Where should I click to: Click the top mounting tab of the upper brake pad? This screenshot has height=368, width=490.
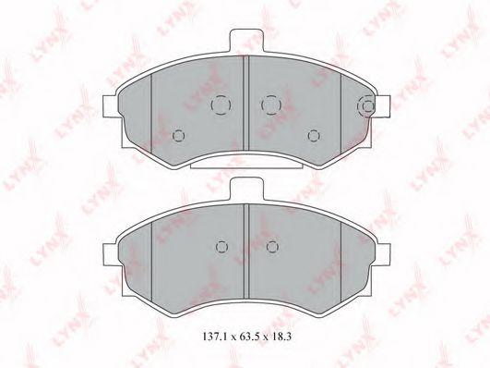245,40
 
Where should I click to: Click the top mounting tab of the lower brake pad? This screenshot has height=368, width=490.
245,189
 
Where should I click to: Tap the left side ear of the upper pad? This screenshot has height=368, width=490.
111,106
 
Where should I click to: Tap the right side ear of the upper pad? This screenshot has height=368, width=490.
383,105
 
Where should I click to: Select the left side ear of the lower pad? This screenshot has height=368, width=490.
111,254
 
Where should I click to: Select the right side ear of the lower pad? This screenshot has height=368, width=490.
383,254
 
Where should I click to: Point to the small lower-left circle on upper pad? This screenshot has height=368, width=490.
178,136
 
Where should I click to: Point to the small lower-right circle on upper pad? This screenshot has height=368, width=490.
314,136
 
